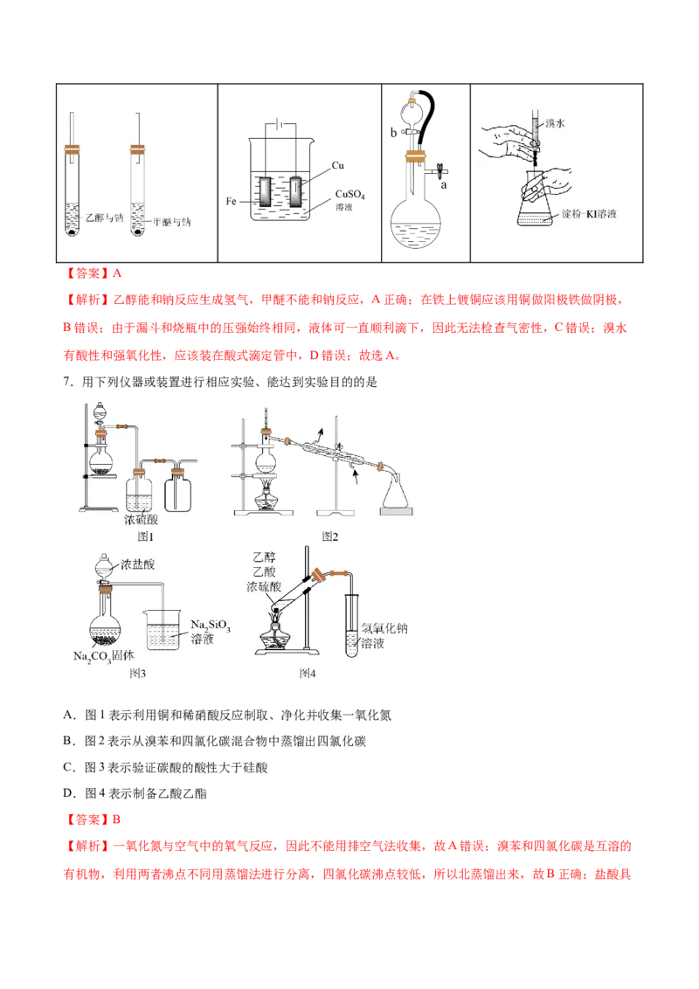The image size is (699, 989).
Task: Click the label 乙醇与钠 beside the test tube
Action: (x=105, y=218)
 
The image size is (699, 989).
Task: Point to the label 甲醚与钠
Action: (x=171, y=222)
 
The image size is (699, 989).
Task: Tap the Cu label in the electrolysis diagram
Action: (x=337, y=165)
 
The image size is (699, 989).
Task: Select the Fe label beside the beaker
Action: (x=231, y=201)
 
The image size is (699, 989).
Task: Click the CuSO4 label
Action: (x=350, y=194)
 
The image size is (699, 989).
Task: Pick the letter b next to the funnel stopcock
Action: (x=394, y=133)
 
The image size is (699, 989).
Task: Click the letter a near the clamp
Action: (x=444, y=185)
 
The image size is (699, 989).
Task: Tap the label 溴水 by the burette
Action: (x=555, y=123)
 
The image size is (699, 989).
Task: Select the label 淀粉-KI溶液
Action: (x=589, y=214)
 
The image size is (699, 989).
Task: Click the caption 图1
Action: (x=146, y=536)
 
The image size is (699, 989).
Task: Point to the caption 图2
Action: (x=329, y=536)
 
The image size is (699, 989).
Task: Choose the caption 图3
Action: (x=137, y=673)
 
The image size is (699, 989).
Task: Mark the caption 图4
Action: (x=308, y=673)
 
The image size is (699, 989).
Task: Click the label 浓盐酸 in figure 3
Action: (x=137, y=564)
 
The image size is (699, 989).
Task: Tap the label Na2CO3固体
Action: (x=103, y=656)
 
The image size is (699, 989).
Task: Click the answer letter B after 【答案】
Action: (x=117, y=820)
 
